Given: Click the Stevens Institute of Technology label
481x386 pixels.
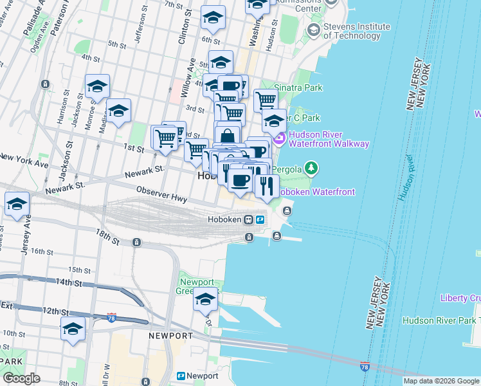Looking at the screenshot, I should coord(357,31).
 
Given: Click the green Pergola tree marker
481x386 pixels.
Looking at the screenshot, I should coord(311,169).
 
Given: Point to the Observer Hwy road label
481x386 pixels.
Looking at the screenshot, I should coord(161,194).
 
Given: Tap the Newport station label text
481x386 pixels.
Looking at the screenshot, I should coord(204,376).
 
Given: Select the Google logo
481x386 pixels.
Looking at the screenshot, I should coord(21,378).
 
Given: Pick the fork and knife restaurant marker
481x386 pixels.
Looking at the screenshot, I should coord(266,186).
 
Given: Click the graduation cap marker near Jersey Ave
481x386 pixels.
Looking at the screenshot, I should coord(17,204).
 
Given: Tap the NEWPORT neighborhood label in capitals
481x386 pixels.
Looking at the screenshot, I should coord(170,336).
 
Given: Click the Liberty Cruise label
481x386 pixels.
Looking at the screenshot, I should coord(460,298).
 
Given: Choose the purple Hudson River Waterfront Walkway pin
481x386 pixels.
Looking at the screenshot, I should coord(280,138).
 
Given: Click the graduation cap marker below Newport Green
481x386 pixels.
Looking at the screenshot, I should coord(206,300).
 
